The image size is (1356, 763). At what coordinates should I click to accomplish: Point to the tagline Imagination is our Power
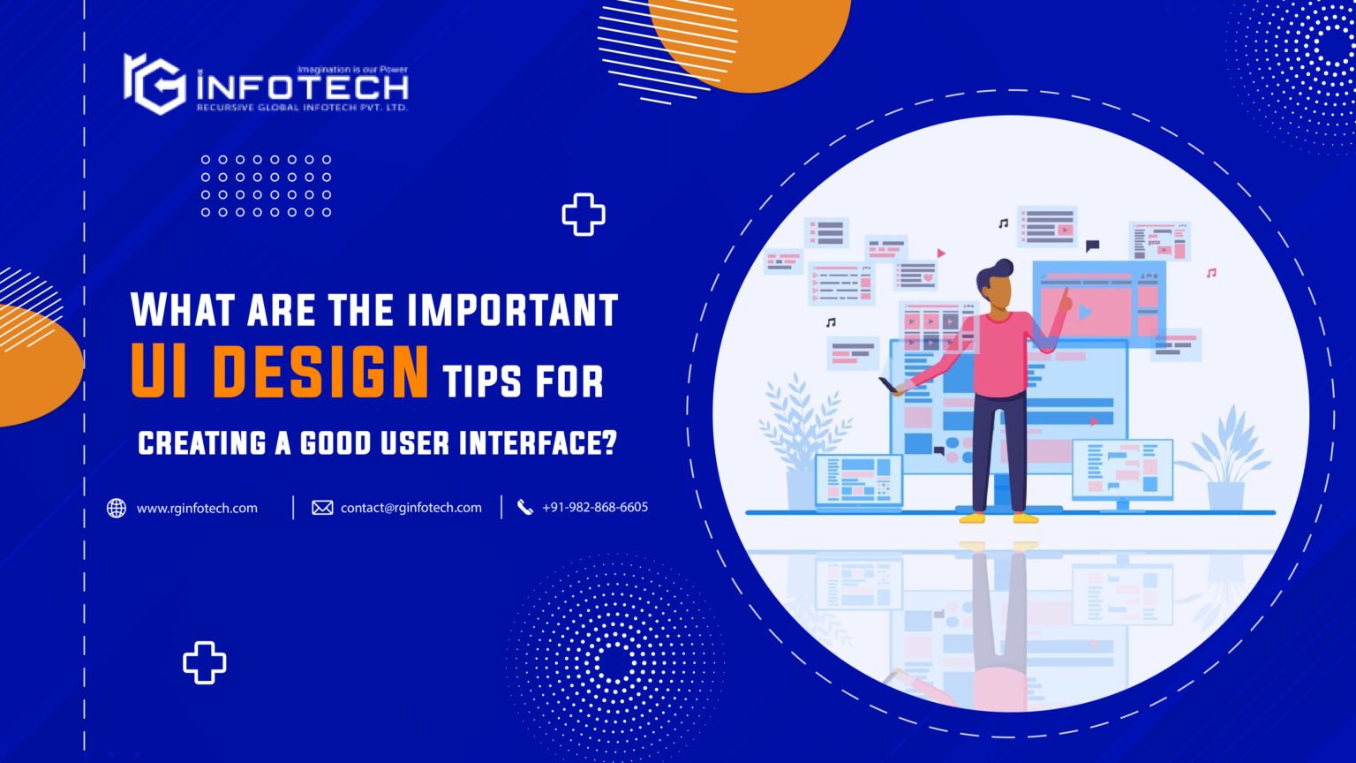point(351,69)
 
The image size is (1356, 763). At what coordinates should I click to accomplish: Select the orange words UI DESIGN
point(280,372)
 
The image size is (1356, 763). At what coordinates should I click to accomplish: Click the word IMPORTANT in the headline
point(512,310)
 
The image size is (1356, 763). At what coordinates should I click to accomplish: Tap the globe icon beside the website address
point(117,508)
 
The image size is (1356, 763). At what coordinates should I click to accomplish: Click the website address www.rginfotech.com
point(197,508)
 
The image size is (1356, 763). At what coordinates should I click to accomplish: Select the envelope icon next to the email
point(322,508)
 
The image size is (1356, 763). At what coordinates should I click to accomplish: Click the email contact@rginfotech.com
point(411,508)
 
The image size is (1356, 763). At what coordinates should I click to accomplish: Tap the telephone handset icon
point(525,507)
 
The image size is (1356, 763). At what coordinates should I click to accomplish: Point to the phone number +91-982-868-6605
point(595,507)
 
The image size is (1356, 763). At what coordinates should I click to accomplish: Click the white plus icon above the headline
point(584,215)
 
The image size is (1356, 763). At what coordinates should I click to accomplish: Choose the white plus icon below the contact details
point(204,662)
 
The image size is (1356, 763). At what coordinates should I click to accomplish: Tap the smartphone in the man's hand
point(887,385)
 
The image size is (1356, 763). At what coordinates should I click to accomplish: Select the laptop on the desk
point(858,481)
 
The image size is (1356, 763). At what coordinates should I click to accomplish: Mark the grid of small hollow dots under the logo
point(265,185)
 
